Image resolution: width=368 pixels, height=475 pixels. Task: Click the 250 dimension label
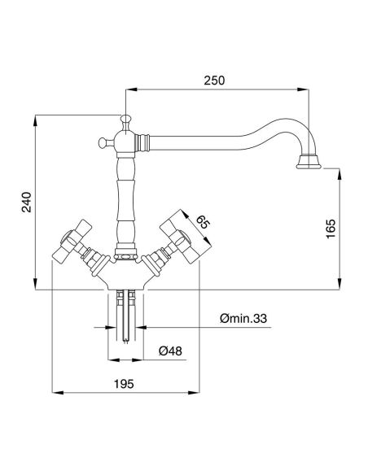214,81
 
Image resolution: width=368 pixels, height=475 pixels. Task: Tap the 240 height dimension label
27,202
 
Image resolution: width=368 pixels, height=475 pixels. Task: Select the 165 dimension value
331,229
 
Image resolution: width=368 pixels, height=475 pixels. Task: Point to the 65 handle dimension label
202,223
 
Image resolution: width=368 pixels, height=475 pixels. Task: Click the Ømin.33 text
243,318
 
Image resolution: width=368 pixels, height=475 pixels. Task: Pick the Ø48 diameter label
170,351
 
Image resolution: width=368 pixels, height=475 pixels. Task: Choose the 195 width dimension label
124,384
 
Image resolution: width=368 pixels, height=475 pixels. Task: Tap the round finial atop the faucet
125,119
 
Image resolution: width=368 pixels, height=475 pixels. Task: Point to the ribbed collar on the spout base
142,142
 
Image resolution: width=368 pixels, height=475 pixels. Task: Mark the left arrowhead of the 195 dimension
58,393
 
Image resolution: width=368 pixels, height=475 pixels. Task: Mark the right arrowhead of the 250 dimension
303,89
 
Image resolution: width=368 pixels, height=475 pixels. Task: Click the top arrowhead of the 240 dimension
36,121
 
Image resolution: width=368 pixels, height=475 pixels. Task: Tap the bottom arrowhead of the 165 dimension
340,284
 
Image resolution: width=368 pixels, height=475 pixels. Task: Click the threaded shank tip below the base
125,341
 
